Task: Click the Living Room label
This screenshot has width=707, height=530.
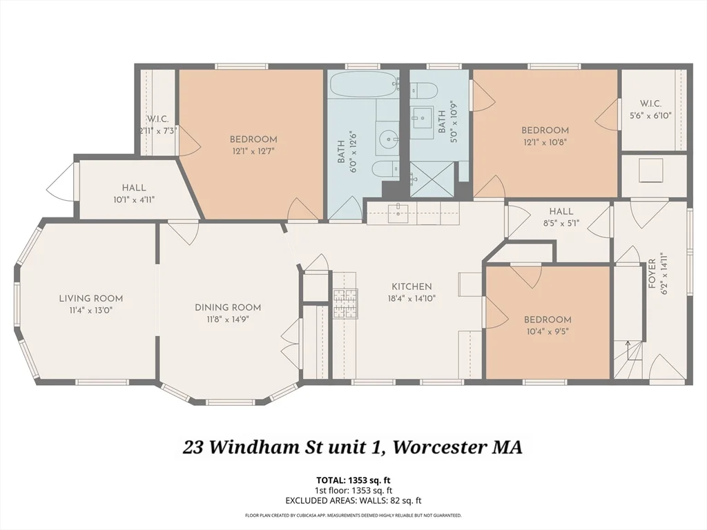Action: tap(90, 298)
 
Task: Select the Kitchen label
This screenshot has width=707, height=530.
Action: tap(411, 286)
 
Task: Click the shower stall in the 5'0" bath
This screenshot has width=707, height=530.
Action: tap(432, 179)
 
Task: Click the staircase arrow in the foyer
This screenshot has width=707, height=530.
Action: tap(627, 344)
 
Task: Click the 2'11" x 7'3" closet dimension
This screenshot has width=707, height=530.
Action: tap(158, 130)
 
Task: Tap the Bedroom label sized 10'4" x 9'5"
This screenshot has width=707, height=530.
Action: tap(548, 320)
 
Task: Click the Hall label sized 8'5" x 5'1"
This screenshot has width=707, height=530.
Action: tap(561, 211)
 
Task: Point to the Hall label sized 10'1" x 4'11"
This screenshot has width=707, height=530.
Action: tap(134, 187)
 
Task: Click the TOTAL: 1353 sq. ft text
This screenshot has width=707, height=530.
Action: tap(353, 480)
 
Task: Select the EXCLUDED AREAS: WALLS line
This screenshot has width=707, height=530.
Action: tap(353, 500)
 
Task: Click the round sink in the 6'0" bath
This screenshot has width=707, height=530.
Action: tap(389, 140)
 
